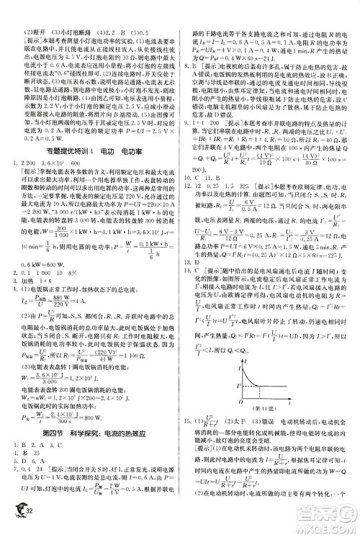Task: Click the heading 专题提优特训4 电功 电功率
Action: tap(85, 130)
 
